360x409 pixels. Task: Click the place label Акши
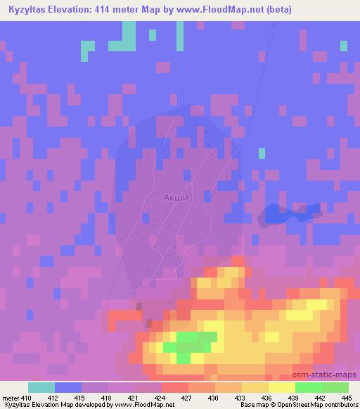[176, 197]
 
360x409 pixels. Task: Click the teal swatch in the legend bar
[41, 387]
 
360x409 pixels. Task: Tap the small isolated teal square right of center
[262, 152]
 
